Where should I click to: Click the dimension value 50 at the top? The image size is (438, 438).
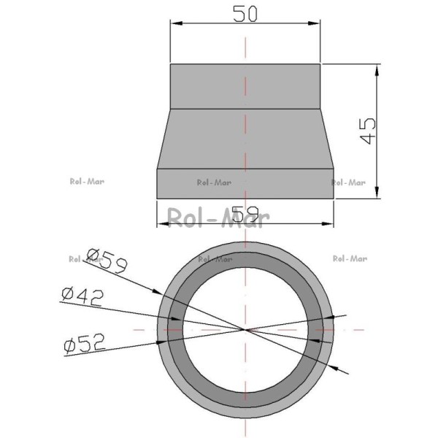pos(245,14)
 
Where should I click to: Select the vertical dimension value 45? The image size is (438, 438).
pos(369,131)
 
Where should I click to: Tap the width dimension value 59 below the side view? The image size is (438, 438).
pos(245,214)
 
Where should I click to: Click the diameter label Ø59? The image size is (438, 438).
pos(107,261)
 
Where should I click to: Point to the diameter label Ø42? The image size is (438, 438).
pos(82,297)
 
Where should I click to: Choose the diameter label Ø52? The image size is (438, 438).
pos(85,343)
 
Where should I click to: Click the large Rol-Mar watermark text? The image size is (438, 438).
pos(218,218)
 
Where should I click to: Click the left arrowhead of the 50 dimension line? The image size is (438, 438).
pos(176,23)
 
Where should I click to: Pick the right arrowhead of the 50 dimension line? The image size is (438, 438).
pos(314,23)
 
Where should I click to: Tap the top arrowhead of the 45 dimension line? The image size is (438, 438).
pos(377,70)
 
